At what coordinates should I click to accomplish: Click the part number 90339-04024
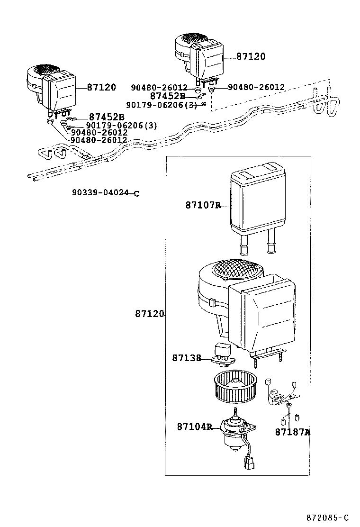tap(100, 193)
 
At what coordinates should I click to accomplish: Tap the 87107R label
tap(203, 205)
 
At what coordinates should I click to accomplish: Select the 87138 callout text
tap(187, 358)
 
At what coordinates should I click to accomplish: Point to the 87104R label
tap(194, 427)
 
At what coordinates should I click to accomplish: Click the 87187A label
tap(292, 432)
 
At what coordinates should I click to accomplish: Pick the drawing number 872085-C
tap(327, 517)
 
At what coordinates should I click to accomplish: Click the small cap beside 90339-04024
tap(137, 193)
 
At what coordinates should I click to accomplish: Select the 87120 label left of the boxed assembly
tap(149, 314)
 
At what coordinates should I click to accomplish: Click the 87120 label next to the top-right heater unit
tap(251, 56)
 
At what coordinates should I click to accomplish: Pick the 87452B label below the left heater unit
tap(106, 117)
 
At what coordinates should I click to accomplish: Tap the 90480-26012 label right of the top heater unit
tap(256, 87)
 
